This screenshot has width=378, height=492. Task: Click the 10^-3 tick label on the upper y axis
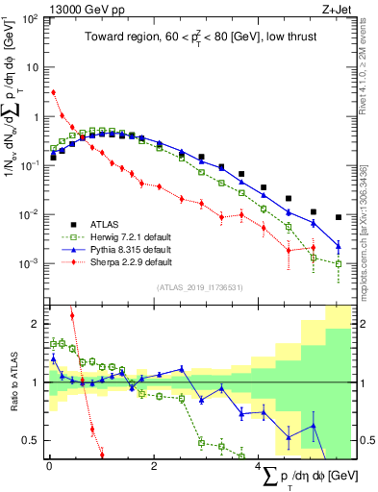(x=32, y=263)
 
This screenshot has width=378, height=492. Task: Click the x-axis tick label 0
(x=49, y=465)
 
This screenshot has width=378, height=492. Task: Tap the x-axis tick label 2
(x=154, y=465)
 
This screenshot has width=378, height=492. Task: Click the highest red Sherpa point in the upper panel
(x=53, y=92)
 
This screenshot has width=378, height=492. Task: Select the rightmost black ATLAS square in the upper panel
(x=339, y=217)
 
